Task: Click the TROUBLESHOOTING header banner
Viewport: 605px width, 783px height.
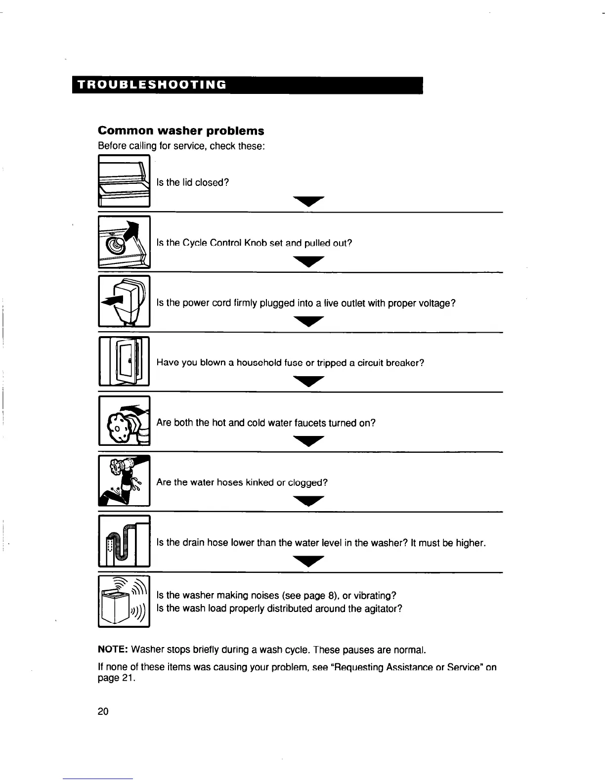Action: click(247, 85)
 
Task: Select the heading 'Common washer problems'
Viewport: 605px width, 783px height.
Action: click(181, 131)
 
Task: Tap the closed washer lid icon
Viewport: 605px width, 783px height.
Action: click(124, 181)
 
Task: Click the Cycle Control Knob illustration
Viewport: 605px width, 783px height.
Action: click(124, 242)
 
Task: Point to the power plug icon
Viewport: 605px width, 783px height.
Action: click(124, 302)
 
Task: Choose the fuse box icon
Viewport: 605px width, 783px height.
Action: click(124, 361)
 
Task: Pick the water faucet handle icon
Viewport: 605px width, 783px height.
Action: click(124, 421)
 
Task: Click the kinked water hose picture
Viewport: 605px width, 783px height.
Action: click(124, 481)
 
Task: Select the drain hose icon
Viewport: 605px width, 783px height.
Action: click(124, 541)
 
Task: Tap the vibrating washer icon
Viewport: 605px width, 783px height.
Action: click(124, 602)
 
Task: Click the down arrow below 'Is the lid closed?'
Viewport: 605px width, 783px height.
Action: click(308, 201)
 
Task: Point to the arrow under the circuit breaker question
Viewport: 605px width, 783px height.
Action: click(308, 381)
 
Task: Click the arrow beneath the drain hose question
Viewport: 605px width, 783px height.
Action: click(308, 562)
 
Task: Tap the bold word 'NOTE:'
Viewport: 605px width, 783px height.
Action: click(113, 649)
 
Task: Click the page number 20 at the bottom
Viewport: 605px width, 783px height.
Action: click(103, 711)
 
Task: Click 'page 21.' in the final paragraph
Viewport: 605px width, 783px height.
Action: click(116, 679)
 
